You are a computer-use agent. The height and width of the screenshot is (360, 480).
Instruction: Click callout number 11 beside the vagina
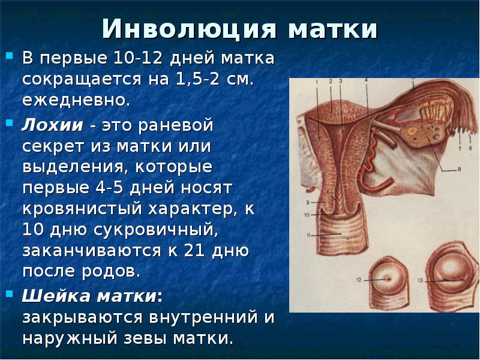click(308, 236)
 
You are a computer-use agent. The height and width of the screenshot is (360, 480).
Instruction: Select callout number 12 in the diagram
click(359, 280)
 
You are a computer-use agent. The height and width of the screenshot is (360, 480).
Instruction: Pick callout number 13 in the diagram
click(421, 280)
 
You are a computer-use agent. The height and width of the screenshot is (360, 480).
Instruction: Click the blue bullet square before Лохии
click(11, 122)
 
